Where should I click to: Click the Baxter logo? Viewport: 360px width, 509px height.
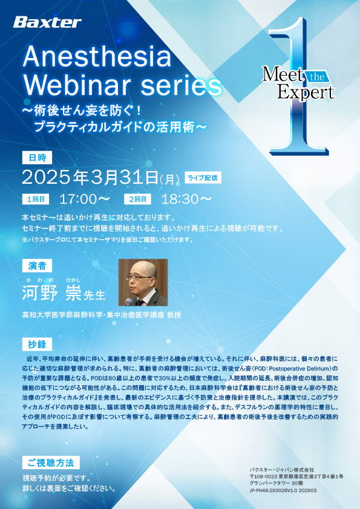pos(47,22)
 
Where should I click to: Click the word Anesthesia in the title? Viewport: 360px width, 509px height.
pos(97,57)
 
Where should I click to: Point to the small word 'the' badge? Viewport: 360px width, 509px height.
pos(317,77)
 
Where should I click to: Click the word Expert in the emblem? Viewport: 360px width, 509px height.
pos(306,92)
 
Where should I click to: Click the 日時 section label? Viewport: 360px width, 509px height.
pos(37,158)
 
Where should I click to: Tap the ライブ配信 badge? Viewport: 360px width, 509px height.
pos(203,178)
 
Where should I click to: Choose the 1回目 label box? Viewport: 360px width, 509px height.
pos(36,199)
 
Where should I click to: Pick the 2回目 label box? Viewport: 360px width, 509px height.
pos(137,199)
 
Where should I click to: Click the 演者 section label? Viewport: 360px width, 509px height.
pos(37,266)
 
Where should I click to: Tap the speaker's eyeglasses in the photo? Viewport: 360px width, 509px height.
pos(139,278)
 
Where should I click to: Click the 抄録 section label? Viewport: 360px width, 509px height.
pos(37,345)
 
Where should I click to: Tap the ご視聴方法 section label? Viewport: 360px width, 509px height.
pos(51,462)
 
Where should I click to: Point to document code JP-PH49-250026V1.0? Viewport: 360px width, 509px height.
pos(272,490)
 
